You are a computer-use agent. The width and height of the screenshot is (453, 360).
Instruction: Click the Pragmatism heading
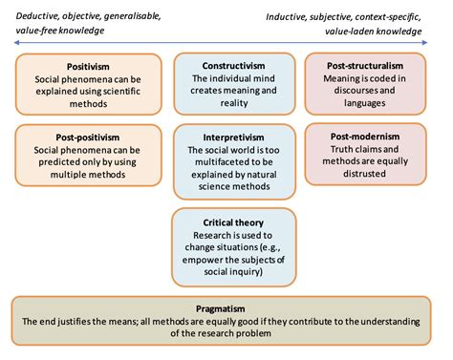click(226, 310)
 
